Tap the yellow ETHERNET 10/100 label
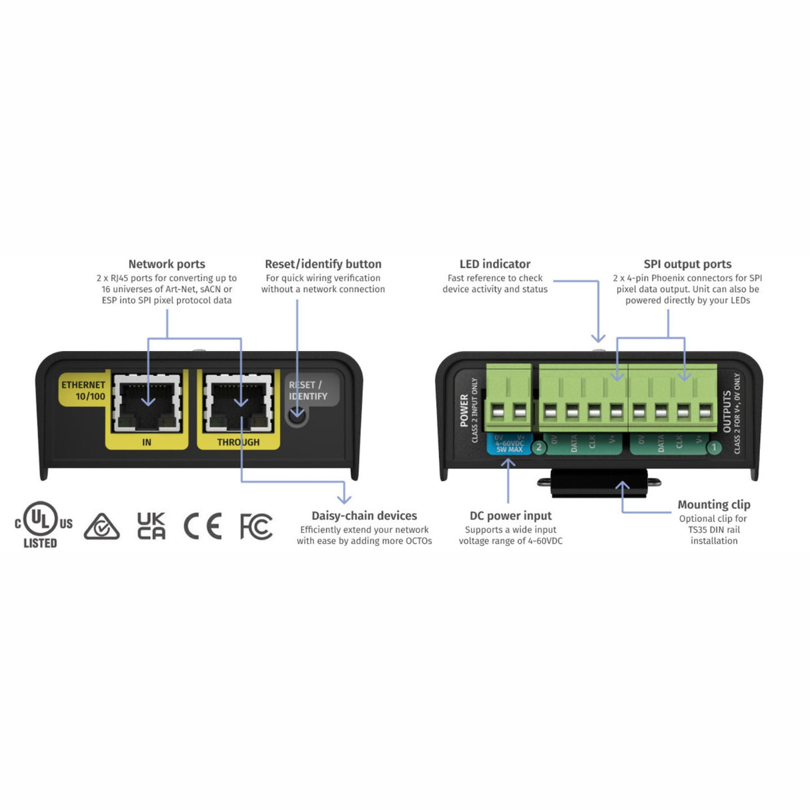tap(83, 390)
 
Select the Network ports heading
tap(167, 264)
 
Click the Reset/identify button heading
tap(323, 264)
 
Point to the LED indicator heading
tap(495, 264)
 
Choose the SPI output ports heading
tap(687, 264)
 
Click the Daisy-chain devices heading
tap(364, 516)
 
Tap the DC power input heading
tap(510, 516)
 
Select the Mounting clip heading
tap(714, 504)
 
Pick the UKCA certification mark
tap(151, 526)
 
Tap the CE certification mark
tap(203, 526)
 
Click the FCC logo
tap(256, 526)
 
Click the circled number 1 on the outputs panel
tap(714, 447)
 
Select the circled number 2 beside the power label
tap(539, 447)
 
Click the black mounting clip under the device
tap(599, 482)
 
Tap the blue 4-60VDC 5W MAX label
tap(509, 444)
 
